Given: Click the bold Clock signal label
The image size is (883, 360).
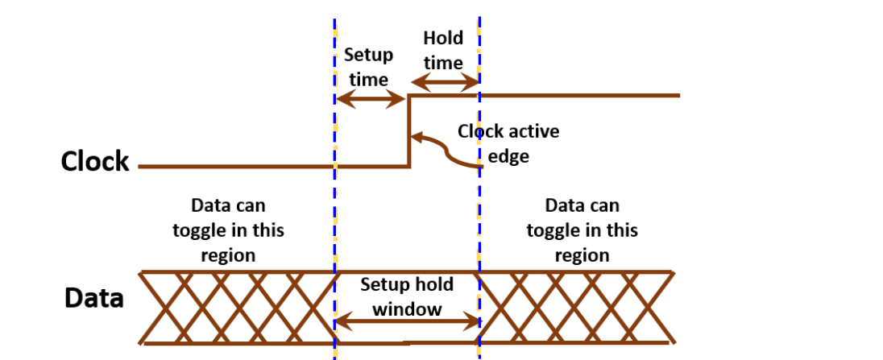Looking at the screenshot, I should pyautogui.click(x=94, y=161).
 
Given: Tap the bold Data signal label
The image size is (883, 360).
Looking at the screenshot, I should pyautogui.click(x=94, y=298).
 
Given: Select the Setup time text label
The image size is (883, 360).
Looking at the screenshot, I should pyautogui.click(x=368, y=67).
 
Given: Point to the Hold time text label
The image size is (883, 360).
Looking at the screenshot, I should pyautogui.click(x=443, y=50).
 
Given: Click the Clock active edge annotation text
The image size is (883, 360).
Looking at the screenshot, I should pyautogui.click(x=508, y=143).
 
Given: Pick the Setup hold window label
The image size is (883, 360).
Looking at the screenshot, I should pyautogui.click(x=407, y=296).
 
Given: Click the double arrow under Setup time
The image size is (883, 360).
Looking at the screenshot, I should pyautogui.click(x=370, y=99).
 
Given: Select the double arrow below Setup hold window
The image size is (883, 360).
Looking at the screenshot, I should pyautogui.click(x=407, y=322).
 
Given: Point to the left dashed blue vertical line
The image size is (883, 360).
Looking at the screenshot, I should pyautogui.click(x=334, y=201).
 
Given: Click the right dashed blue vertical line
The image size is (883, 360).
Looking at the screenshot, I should pyautogui.click(x=479, y=201).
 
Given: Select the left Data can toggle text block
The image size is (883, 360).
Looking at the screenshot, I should pyautogui.click(x=228, y=230).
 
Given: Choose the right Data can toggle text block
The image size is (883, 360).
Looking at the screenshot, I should pyautogui.click(x=582, y=230).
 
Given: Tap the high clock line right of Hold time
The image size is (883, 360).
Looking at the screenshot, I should pyautogui.click(x=580, y=95).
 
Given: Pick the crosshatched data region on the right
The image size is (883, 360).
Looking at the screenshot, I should pyautogui.click(x=575, y=307).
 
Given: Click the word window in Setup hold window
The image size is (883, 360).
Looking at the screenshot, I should pyautogui.click(x=407, y=308).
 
